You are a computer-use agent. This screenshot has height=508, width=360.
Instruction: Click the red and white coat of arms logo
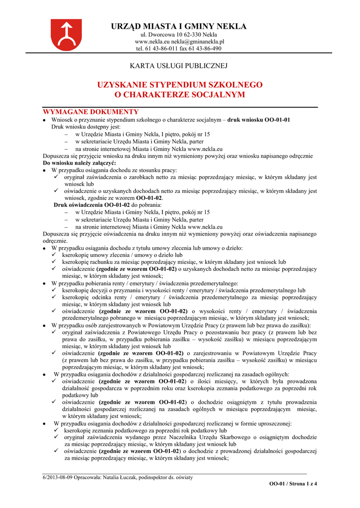click(66, 34)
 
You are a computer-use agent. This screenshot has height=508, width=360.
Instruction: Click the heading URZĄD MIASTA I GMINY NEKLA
click(179, 26)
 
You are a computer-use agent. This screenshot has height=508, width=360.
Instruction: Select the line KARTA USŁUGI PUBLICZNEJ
click(179, 65)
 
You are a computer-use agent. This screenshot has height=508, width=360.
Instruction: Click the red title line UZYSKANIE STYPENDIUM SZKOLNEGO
click(180, 85)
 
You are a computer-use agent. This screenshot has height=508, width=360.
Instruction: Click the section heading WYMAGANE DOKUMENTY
click(91, 112)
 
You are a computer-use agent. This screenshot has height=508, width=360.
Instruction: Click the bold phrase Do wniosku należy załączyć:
click(79, 163)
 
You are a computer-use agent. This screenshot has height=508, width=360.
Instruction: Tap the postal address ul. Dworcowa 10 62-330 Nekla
click(179, 35)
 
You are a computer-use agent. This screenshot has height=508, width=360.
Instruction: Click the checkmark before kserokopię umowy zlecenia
click(56, 255)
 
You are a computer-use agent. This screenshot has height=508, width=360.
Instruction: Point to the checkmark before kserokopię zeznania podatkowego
click(56, 431)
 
